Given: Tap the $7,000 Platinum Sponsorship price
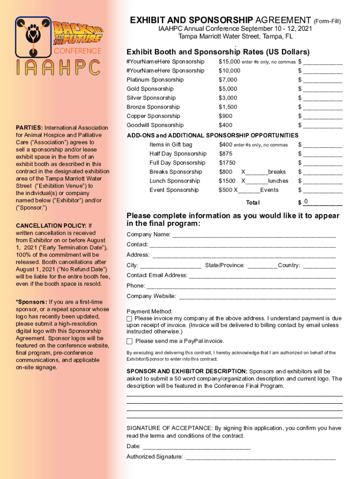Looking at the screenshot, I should (x=228, y=80).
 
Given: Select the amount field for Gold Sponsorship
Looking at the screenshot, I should (x=323, y=89).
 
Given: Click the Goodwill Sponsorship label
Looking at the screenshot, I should (x=155, y=125).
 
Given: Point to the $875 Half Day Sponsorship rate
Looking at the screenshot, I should (x=225, y=153).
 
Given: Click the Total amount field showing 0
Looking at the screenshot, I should (x=323, y=202).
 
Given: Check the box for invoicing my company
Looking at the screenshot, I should (x=130, y=319).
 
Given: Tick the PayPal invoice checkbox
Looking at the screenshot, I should (x=130, y=341).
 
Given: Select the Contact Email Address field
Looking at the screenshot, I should (x=262, y=275).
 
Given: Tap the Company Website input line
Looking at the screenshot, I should (x=257, y=296).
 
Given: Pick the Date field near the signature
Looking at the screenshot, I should (x=196, y=446).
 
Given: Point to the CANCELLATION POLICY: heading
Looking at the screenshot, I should (x=51, y=225).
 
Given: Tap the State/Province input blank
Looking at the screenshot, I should (x=262, y=265).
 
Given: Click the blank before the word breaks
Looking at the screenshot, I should (x=257, y=172).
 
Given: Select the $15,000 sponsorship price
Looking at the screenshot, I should (x=230, y=61).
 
